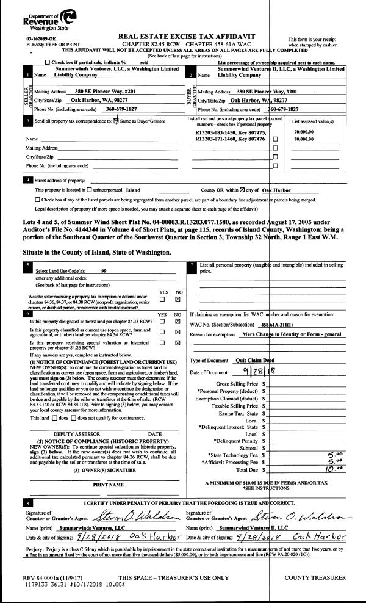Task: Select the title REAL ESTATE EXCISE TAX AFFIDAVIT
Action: pyautogui.click(x=183, y=37)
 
